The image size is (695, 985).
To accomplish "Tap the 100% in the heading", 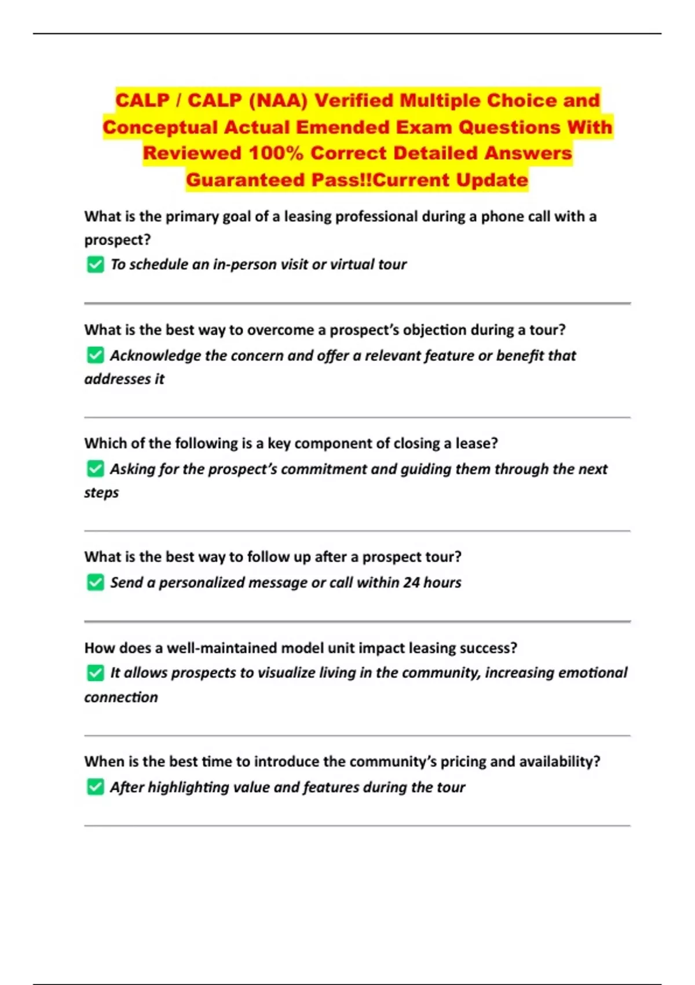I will tap(276, 154).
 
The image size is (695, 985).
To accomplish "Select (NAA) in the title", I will tap(278, 101).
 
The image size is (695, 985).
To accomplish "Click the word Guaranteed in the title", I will tap(246, 180).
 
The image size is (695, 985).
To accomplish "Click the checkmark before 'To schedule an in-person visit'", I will tap(96, 265).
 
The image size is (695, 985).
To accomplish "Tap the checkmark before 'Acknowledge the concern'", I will tap(96, 355).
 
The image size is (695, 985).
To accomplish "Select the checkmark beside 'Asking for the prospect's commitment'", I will tap(96, 469).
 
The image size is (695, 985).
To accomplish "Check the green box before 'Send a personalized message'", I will tap(96, 582).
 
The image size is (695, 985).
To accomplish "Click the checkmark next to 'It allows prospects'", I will tap(96, 673).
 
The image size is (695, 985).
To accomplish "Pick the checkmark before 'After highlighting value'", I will tap(96, 787).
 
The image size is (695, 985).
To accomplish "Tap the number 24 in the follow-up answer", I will tap(411, 582).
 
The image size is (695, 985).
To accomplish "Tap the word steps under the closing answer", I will tap(101, 493).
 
